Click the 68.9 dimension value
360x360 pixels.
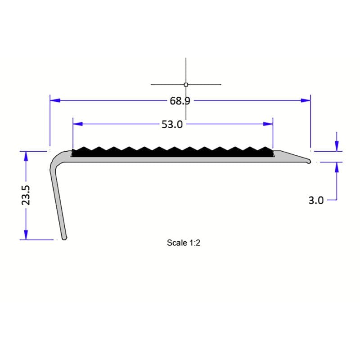point(180,101)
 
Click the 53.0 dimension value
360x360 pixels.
point(172,124)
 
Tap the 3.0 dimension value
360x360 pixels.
point(315,200)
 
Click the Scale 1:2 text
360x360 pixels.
point(183,243)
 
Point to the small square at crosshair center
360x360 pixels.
point(186,84)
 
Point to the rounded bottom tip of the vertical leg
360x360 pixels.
point(64,238)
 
